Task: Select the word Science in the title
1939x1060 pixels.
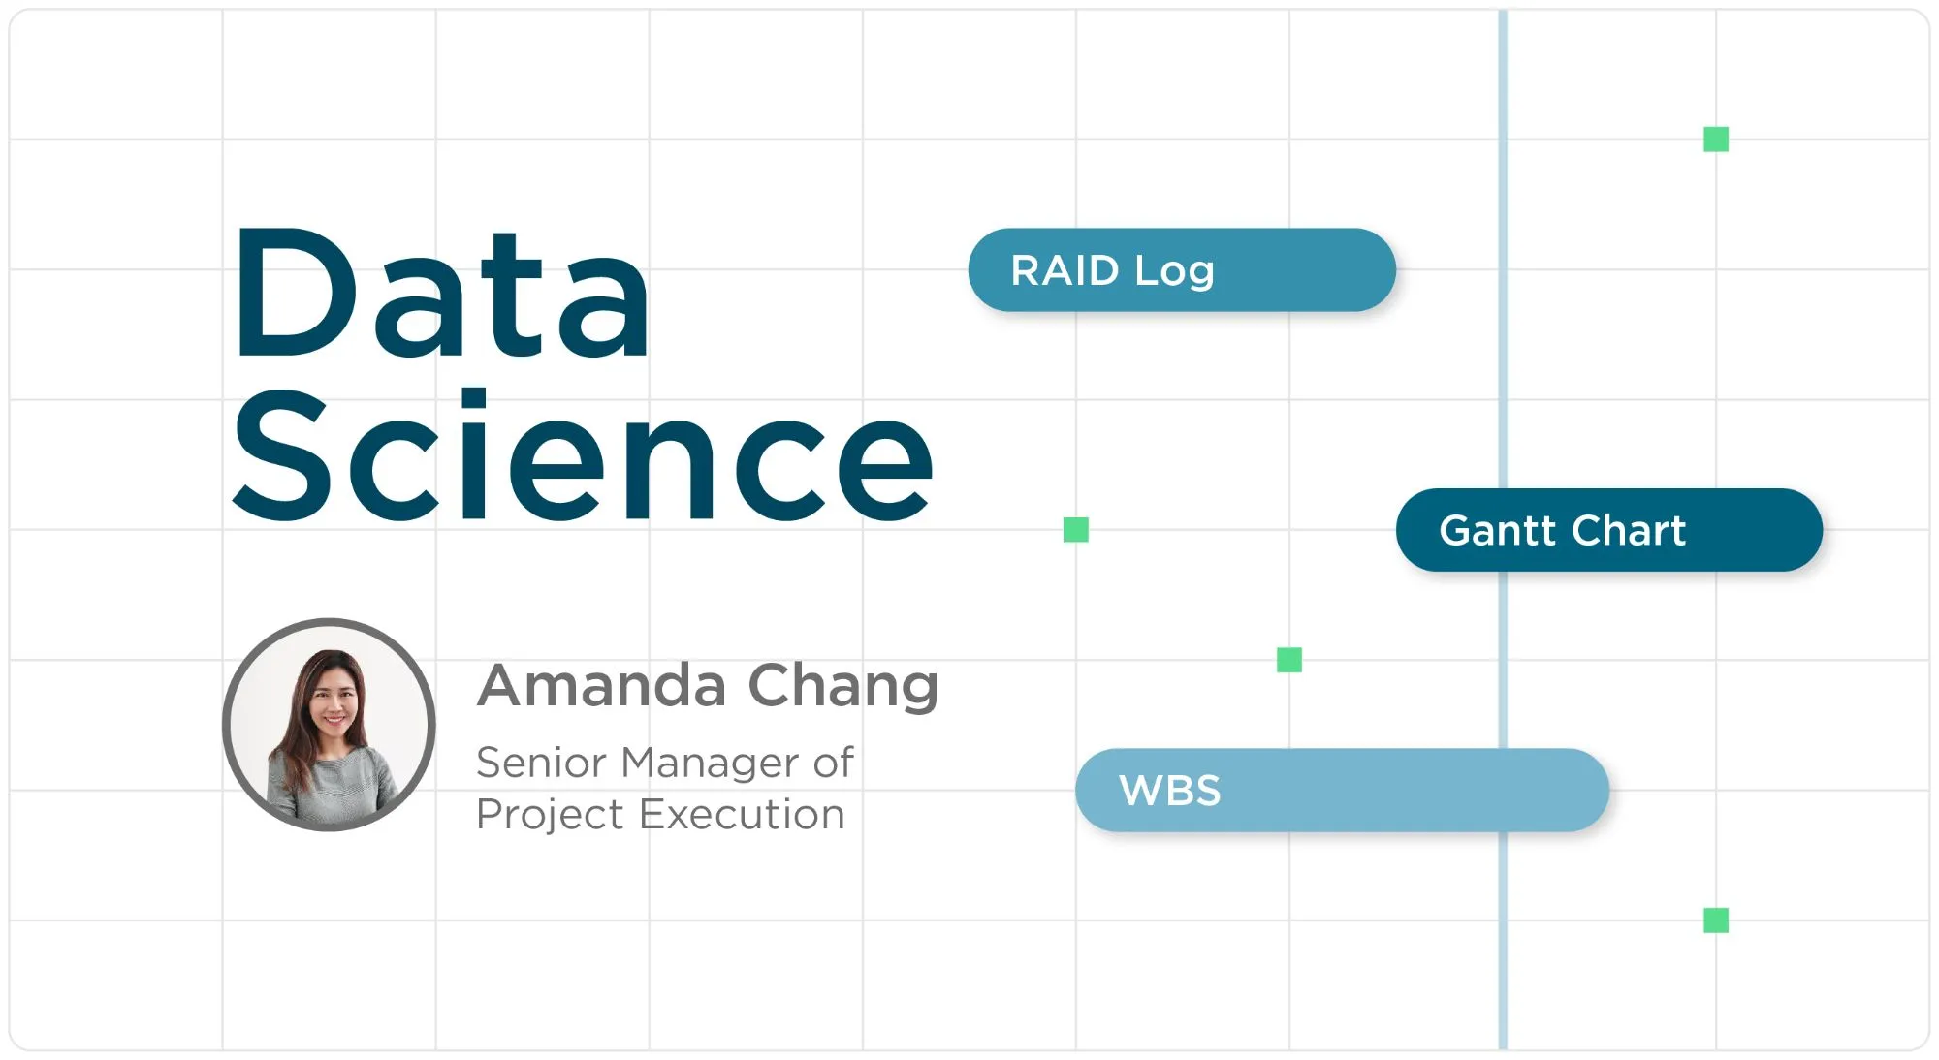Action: (x=583, y=455)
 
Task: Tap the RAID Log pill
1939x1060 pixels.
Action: (x=1182, y=270)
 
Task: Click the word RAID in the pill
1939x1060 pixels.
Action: (x=1065, y=270)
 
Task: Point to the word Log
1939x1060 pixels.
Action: (x=1174, y=272)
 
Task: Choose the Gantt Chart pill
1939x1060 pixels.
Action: (x=1609, y=530)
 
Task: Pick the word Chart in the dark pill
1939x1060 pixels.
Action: (x=1629, y=530)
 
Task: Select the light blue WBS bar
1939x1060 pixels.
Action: (x=1343, y=790)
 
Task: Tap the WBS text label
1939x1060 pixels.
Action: (x=1169, y=791)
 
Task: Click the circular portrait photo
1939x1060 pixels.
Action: (x=329, y=725)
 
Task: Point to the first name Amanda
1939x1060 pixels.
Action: (x=601, y=686)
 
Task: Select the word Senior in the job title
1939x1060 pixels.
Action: (x=541, y=763)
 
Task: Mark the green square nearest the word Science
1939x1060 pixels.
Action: (x=1076, y=530)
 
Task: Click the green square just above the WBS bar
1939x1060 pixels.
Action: (x=1289, y=660)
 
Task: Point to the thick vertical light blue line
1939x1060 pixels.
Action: (x=1503, y=530)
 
